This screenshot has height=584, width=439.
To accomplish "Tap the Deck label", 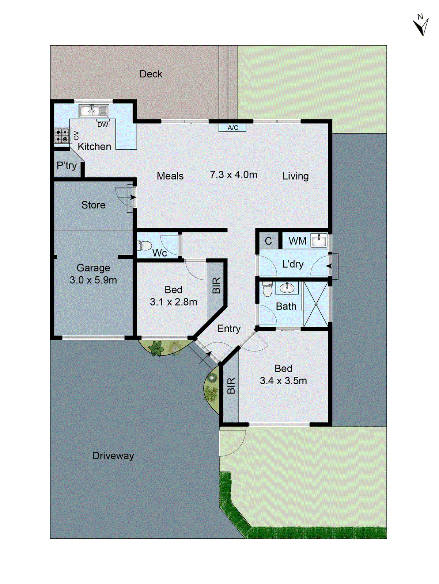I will click(x=151, y=74).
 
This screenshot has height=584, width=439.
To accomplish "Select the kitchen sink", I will click(x=94, y=111).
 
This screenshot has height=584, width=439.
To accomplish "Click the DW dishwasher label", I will click(x=103, y=124).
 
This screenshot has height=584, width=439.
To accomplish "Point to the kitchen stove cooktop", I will click(x=62, y=136).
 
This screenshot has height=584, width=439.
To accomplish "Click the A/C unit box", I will click(x=232, y=127).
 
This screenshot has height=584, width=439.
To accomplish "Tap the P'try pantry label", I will click(x=67, y=166).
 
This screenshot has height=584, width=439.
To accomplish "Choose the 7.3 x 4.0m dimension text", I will click(x=234, y=175).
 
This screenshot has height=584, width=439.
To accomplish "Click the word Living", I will click(x=295, y=176).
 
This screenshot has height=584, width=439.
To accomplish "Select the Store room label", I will click(x=93, y=205).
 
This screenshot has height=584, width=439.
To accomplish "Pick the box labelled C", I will click(x=268, y=241).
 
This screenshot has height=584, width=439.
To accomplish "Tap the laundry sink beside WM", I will click(x=319, y=241).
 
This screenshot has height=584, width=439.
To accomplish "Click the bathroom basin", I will click(x=287, y=288).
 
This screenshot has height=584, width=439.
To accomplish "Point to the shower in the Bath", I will click(x=316, y=304).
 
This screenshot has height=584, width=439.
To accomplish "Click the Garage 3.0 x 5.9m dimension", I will click(x=93, y=280).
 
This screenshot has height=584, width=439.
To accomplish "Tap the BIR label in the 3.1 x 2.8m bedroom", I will click(x=216, y=285).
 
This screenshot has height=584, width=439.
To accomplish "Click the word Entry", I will click(x=229, y=328).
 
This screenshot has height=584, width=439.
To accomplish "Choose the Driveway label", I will click(x=113, y=456).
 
